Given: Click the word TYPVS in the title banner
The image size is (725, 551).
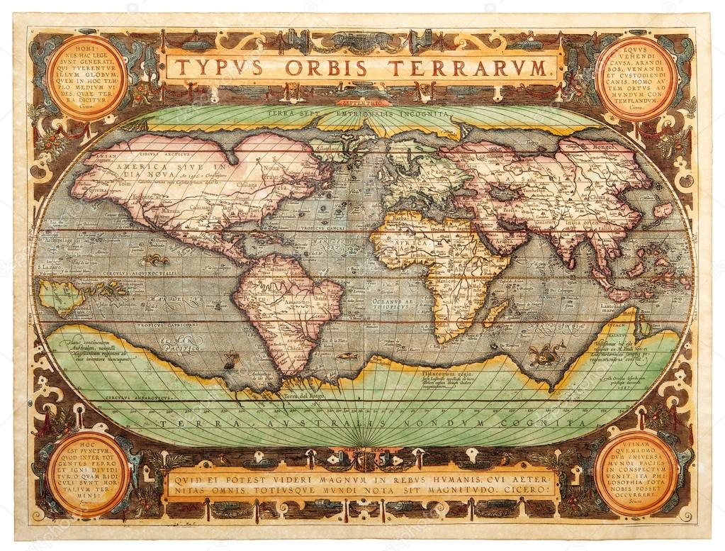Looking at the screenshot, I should tap(218, 68).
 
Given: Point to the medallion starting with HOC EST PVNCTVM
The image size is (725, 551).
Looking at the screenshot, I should tap(88, 473).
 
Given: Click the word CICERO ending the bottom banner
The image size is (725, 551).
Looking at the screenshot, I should tap(532, 489).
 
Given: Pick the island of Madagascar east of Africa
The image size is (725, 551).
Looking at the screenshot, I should tap(496, 313).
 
